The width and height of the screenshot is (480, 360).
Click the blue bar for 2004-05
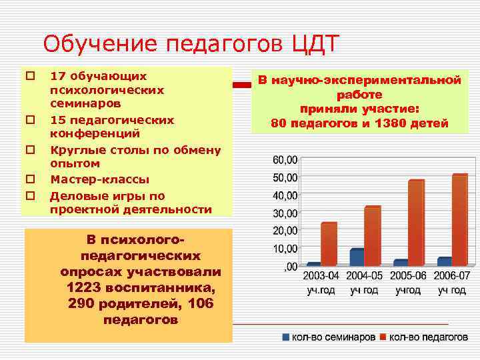[x=357, y=257]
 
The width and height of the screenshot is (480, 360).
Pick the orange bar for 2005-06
[x=416, y=223]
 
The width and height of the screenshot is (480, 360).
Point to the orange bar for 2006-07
[x=460, y=220]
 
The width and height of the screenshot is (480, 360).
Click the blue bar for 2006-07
[x=445, y=261]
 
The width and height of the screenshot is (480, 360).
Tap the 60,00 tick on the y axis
[x=285, y=161]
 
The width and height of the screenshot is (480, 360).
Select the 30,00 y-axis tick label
[x=285, y=213]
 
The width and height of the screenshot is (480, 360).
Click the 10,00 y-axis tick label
[x=285, y=249]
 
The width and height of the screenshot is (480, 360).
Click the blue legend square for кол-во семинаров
[x=286, y=337]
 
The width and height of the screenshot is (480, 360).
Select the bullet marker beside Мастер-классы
[x=29, y=179]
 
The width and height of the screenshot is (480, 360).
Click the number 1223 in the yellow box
[x=85, y=288]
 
